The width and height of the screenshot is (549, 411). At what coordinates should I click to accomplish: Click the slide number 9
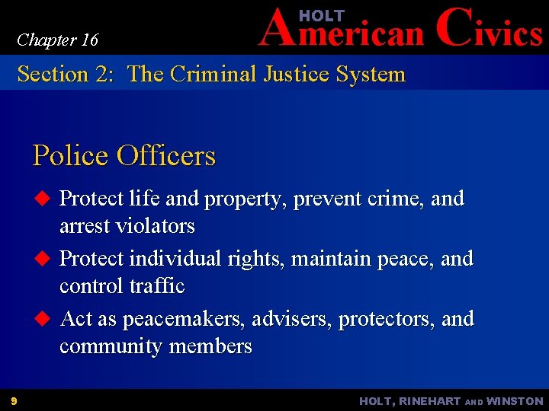click(14, 400)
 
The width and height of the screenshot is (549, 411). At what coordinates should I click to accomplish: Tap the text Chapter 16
click(57, 40)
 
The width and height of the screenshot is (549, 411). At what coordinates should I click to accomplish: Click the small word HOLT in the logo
click(322, 16)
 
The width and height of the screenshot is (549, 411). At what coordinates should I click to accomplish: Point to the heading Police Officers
click(124, 155)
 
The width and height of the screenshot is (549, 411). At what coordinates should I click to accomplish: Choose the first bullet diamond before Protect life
click(43, 199)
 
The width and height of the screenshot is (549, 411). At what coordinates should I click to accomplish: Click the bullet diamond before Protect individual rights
click(43, 259)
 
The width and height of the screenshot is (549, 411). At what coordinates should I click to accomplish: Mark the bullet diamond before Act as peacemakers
click(43, 318)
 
